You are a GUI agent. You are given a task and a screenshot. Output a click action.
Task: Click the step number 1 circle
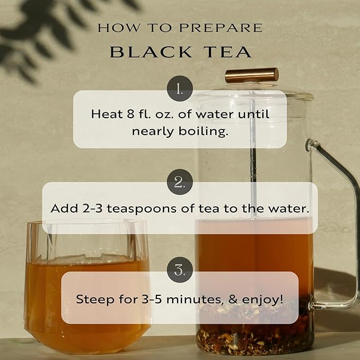(x=180, y=89)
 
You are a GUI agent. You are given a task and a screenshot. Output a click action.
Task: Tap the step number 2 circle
(x=180, y=182)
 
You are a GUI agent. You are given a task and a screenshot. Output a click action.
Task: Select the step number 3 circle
(x=180, y=270)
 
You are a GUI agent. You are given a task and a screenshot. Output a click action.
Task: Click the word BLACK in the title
(x=151, y=52)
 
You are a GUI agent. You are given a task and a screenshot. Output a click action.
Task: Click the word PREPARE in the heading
(x=221, y=28)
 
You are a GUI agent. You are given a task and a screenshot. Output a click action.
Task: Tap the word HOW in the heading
(x=118, y=28)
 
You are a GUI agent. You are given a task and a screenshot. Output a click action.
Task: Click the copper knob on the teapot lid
(x=252, y=75)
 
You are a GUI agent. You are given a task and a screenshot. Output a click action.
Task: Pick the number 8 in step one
(x=130, y=114)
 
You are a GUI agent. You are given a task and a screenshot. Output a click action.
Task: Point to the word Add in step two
(x=64, y=208)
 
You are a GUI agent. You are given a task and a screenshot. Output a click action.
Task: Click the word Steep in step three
(x=95, y=300)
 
